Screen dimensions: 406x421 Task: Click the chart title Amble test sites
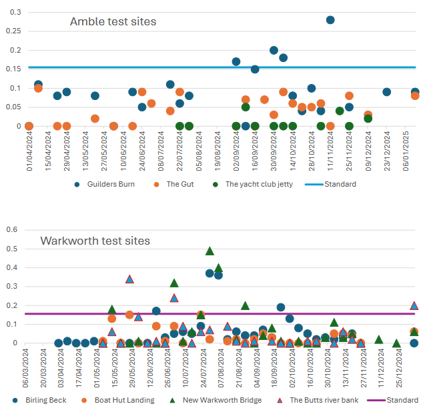coord(113,22)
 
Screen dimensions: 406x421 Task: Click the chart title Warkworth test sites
coord(95,241)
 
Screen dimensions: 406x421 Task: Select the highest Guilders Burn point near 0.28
coord(330,20)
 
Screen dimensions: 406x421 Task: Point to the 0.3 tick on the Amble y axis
coord(15,12)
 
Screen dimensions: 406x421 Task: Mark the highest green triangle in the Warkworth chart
coord(209,251)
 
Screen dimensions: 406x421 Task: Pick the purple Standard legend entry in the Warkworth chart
coord(398,400)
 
